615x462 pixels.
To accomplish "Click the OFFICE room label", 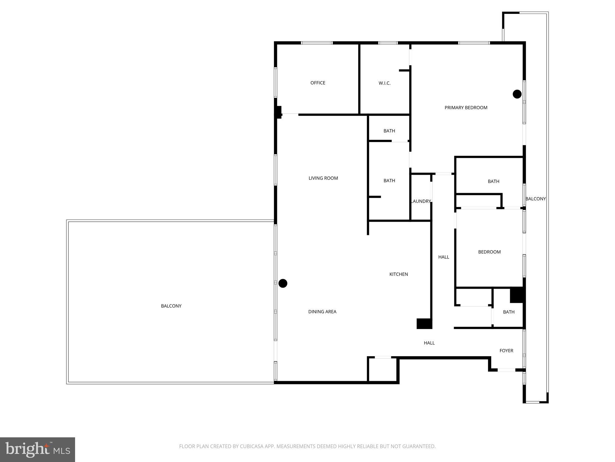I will (318, 83).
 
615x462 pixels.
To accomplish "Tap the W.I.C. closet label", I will (384, 83).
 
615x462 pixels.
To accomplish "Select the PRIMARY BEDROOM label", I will (466, 107).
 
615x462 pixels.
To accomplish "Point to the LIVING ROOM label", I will (323, 178).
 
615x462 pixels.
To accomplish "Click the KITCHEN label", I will (398, 274).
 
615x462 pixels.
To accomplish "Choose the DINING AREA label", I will (322, 312).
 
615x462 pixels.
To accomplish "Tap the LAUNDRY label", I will (421, 201).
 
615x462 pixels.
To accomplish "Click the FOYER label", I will (506, 350).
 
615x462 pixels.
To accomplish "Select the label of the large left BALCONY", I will (171, 306).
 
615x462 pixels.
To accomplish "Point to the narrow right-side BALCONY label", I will (535, 199).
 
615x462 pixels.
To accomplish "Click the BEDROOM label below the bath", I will (489, 252).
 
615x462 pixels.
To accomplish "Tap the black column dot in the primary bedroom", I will (517, 94).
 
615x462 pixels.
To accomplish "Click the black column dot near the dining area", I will (283, 283).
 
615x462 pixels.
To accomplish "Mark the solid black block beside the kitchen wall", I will (424, 324).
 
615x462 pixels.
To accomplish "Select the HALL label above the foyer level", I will (429, 343).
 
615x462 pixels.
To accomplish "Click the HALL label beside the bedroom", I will (444, 257).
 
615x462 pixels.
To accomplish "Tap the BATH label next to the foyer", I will (509, 312).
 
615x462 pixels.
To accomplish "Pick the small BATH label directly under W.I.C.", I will (389, 131).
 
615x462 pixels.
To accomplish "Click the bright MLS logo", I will (38, 450).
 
